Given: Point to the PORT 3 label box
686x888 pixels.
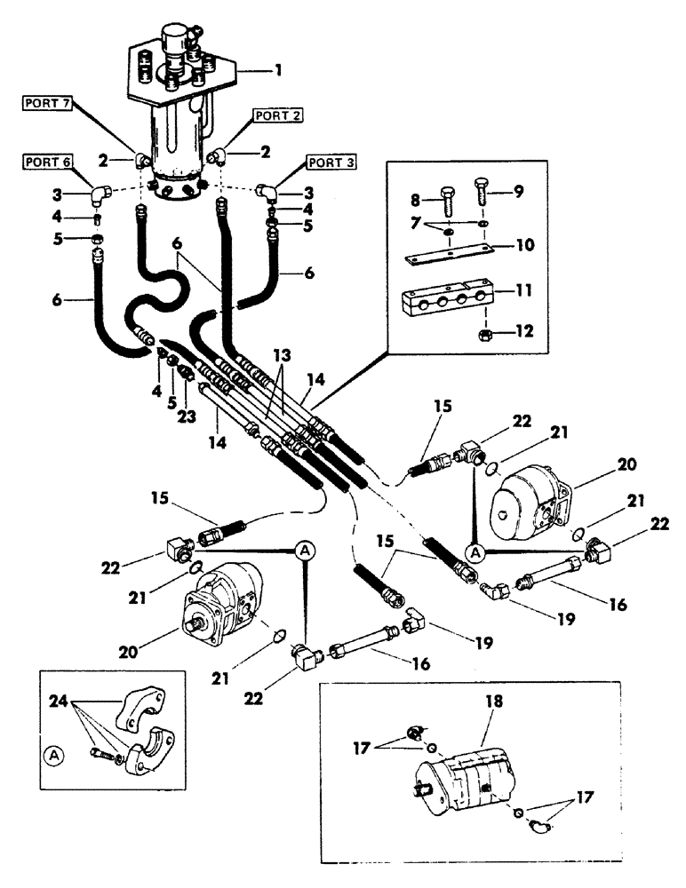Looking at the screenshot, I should pyautogui.click(x=330, y=163).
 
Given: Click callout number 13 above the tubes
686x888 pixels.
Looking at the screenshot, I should pyautogui.click(x=281, y=355).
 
